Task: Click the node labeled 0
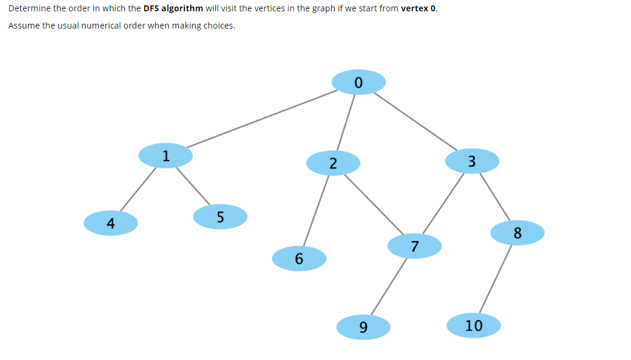(358, 82)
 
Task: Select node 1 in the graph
(165, 156)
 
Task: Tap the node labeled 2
(333, 163)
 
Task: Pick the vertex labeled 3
(472, 161)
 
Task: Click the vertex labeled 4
(111, 223)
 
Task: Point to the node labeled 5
(220, 217)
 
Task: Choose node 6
(299, 258)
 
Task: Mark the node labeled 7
(415, 246)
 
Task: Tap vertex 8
(517, 233)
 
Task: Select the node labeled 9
(363, 327)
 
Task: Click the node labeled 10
(473, 325)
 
